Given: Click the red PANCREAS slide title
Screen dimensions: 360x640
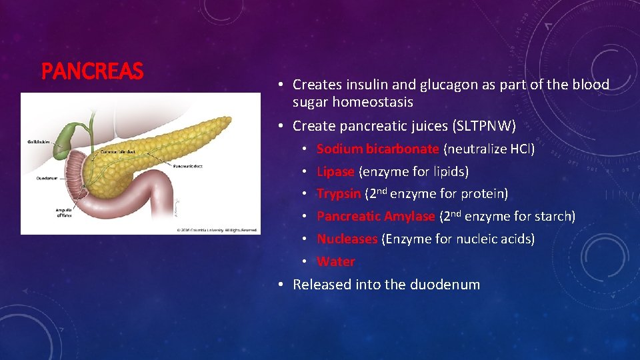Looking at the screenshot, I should (92, 71).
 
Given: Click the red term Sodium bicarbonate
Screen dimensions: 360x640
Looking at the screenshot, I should (377, 149).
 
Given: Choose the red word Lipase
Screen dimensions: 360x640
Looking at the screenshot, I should (335, 171).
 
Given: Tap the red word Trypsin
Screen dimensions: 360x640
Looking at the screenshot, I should (339, 194).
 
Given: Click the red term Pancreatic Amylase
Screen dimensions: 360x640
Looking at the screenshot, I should (375, 216).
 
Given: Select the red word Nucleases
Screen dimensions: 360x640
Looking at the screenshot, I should (347, 239).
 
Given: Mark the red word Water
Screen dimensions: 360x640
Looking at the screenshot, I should (335, 261).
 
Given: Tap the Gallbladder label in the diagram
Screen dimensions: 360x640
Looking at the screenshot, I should (39, 142).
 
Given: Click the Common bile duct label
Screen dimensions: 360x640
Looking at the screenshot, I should (119, 152).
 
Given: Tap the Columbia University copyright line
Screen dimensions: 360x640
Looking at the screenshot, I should (217, 230).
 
